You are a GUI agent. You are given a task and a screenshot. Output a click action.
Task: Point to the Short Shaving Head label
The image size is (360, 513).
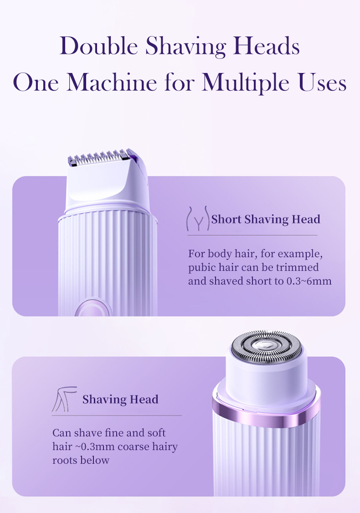(x=266, y=219)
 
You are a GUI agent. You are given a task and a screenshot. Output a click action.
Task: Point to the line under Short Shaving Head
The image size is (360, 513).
(x=252, y=235)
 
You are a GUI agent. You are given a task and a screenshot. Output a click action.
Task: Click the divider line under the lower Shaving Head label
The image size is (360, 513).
(x=117, y=415)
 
